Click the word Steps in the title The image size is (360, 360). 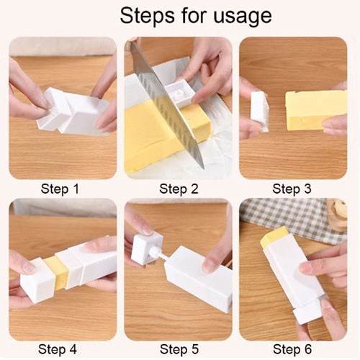[148, 16]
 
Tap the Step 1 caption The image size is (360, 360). [60, 189]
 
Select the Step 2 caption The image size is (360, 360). [179, 189]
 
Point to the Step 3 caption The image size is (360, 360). [292, 189]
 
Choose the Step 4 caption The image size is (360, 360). [58, 349]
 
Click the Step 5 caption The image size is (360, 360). [179, 349]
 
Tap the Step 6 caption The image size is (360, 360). [292, 349]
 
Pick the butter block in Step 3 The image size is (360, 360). [316, 110]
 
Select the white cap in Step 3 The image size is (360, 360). [259, 112]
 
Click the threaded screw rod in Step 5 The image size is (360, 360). [157, 256]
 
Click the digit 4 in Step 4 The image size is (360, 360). [73, 349]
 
